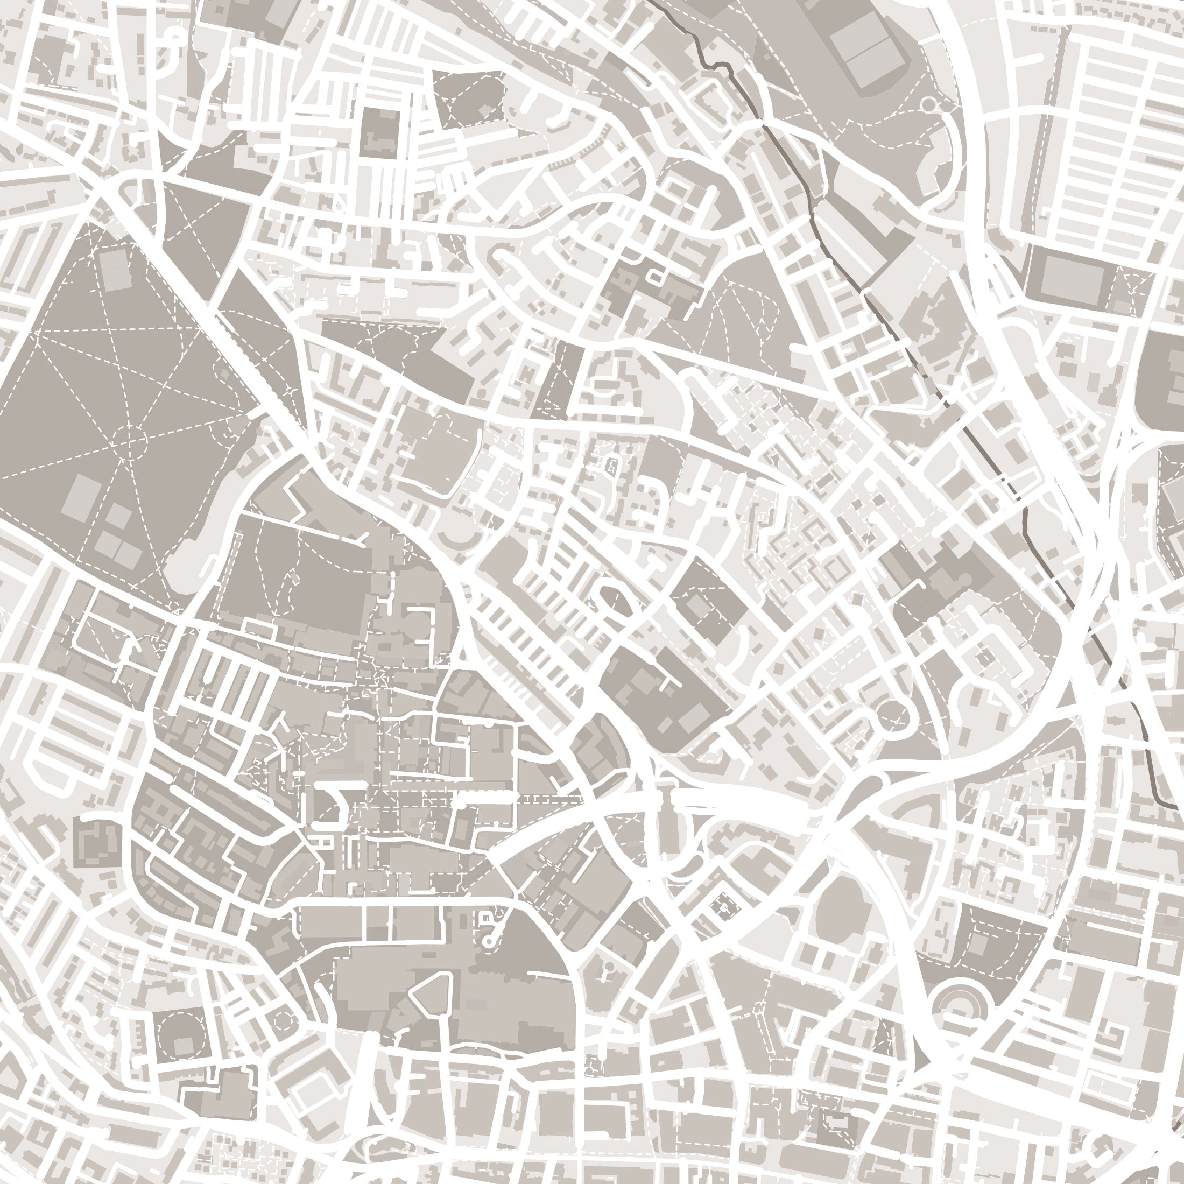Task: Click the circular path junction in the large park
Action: coord(130,440)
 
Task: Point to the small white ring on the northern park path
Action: coord(928,105)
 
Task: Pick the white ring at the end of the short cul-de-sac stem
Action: coord(489,940)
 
